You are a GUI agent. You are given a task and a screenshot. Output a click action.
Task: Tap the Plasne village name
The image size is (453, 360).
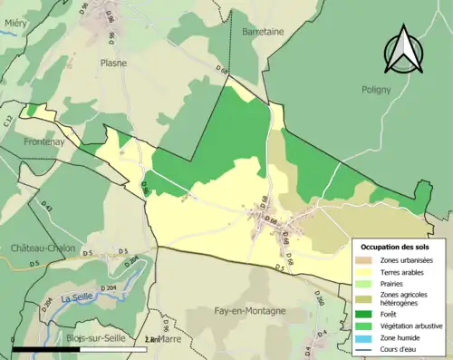(113, 63)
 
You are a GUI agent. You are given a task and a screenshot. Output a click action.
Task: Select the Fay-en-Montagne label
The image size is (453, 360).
(249, 310)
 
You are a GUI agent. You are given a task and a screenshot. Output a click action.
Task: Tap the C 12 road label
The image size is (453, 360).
(10, 121)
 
